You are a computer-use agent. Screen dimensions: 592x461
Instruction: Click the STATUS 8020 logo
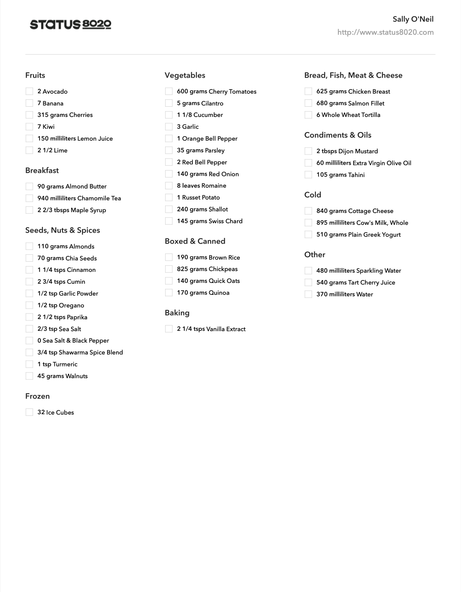(x=70, y=25)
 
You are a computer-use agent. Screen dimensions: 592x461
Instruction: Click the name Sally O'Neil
(x=413, y=19)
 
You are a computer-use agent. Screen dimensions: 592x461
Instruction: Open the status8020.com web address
(x=385, y=32)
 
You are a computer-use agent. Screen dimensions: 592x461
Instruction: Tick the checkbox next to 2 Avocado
(x=29, y=91)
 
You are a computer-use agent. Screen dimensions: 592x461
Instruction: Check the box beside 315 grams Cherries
(x=29, y=115)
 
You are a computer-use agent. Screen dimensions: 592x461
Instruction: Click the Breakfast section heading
(x=42, y=170)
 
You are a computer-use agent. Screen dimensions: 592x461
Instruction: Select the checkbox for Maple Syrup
(x=29, y=210)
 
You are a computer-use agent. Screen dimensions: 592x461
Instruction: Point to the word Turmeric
(x=65, y=364)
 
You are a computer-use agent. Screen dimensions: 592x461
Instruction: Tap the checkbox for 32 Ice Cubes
(x=29, y=412)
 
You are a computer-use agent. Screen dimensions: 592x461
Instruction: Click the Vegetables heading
(x=185, y=75)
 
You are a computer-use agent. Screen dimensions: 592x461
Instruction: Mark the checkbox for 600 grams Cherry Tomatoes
(x=169, y=91)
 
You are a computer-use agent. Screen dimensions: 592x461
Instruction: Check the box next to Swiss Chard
(x=169, y=221)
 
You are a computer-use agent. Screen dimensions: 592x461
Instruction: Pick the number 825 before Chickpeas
(x=182, y=269)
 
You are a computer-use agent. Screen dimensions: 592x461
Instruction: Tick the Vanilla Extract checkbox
(x=169, y=329)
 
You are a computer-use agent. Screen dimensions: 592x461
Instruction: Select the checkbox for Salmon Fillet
(x=309, y=103)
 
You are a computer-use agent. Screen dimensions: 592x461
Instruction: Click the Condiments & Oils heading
(x=338, y=135)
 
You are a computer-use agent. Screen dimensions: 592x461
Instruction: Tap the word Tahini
(x=356, y=175)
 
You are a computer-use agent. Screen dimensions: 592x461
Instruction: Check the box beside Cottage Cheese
(x=309, y=211)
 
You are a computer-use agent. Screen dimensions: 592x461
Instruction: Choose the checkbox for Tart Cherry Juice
(x=309, y=283)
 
